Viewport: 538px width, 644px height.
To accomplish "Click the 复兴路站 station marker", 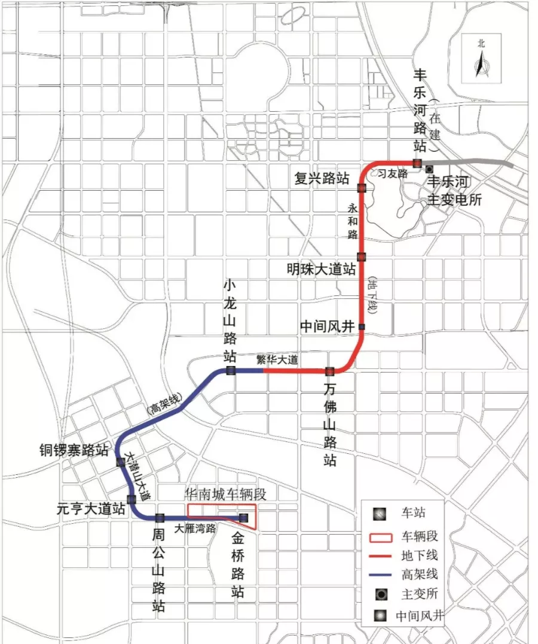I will coord(362,188).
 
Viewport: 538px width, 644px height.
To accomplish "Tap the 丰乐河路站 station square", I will coord(417,163).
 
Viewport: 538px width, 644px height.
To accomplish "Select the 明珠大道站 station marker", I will coord(362,257).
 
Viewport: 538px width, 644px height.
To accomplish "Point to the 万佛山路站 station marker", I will coord(329,371).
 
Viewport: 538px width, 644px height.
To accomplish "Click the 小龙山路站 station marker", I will coord(231,371).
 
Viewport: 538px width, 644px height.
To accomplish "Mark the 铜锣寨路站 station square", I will coord(120,462).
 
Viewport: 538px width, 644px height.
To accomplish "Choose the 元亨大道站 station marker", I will coord(131,499).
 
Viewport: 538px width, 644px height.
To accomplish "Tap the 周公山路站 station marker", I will coord(160,518).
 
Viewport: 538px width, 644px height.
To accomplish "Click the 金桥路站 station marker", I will coord(243,518).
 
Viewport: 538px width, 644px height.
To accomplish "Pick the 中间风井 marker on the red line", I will coord(362,326).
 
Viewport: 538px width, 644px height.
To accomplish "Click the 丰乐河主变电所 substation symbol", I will coord(429,170).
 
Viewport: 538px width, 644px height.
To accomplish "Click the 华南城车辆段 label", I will coord(226,494).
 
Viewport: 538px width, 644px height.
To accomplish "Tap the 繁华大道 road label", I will coord(277,360).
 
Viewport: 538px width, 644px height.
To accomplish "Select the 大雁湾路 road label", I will coord(195,529).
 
